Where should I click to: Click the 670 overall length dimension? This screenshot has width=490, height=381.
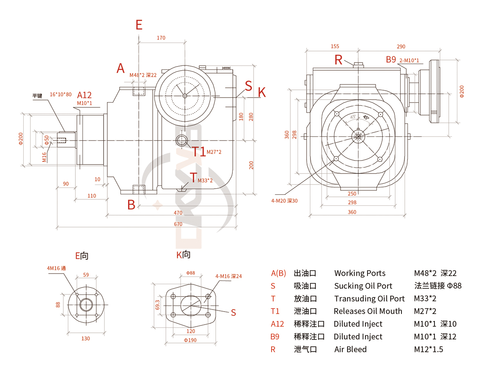178,224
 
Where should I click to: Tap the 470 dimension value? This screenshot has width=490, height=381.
178,213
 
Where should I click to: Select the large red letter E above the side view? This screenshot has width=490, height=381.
139,25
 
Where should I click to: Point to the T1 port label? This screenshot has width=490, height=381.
199,152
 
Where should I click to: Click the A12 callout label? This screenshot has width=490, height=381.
85,96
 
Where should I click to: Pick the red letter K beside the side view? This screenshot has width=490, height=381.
262,93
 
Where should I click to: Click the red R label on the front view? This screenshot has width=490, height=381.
339,60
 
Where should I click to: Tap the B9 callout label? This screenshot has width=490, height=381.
391,60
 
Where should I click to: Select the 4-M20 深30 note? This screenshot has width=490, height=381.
285,201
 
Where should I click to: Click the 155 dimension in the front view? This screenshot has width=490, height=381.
335,47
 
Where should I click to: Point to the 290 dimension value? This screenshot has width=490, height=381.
401,47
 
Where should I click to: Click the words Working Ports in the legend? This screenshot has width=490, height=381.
360,273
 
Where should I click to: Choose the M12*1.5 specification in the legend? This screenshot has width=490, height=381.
428,349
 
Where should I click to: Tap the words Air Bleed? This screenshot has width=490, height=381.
350,349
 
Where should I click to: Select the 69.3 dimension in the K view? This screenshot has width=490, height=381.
158,305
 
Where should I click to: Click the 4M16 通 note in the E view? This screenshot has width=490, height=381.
56,268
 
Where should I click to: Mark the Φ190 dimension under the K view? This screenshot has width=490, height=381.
190,340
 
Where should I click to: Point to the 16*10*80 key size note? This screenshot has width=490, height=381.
61,94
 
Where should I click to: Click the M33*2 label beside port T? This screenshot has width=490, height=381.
205,180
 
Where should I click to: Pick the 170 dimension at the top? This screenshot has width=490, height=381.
161,38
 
